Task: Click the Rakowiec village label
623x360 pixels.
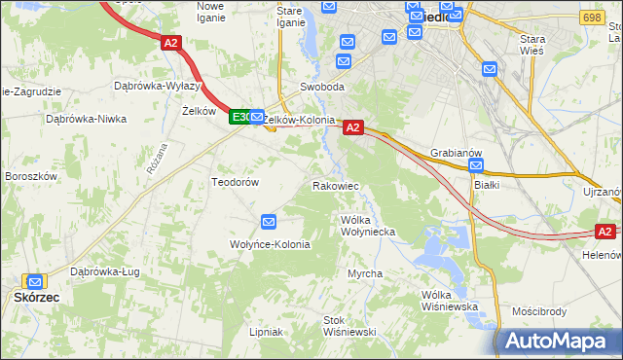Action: click(336, 185)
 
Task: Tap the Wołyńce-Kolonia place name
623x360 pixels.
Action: click(270, 244)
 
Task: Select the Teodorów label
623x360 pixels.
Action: click(235, 182)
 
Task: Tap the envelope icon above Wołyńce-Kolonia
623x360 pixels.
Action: click(270, 223)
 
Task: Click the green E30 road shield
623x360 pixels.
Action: click(240, 117)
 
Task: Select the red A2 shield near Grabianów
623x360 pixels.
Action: click(352, 126)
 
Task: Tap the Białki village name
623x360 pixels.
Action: click(486, 184)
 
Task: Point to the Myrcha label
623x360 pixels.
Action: click(365, 274)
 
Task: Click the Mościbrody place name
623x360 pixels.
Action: click(538, 312)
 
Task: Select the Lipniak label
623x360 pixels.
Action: click(265, 332)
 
